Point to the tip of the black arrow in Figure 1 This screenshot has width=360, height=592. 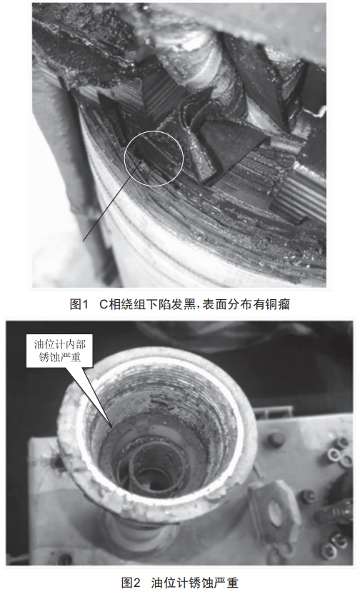(x=144, y=159)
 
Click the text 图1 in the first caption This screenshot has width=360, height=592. (x=79, y=304)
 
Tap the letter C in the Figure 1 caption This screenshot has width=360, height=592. (x=104, y=304)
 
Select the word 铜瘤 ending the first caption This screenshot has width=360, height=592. (x=278, y=304)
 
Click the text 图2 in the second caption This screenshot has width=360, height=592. (x=131, y=583)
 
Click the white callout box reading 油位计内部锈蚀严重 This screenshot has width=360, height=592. (x=59, y=351)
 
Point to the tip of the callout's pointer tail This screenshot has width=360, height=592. (x=111, y=426)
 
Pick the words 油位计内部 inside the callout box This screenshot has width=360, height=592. (x=60, y=344)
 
